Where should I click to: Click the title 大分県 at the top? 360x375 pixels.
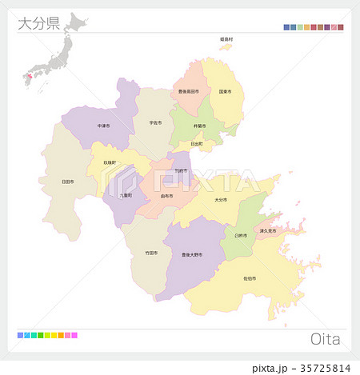[38, 22]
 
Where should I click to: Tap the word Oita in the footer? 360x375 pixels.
[325, 339]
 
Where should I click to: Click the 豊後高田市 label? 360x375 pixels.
[190, 92]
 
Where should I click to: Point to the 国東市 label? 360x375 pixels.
[225, 92]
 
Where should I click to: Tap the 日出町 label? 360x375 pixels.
[197, 144]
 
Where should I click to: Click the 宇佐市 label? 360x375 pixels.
[155, 123]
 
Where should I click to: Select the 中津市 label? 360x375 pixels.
[104, 126]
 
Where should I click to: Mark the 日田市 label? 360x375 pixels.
[68, 182]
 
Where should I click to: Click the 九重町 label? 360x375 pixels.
[125, 194]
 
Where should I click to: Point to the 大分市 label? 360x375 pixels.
[220, 200]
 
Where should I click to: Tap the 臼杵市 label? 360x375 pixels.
[241, 236]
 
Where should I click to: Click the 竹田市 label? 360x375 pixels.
[151, 253]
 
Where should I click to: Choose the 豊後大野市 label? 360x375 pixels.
[192, 254]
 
